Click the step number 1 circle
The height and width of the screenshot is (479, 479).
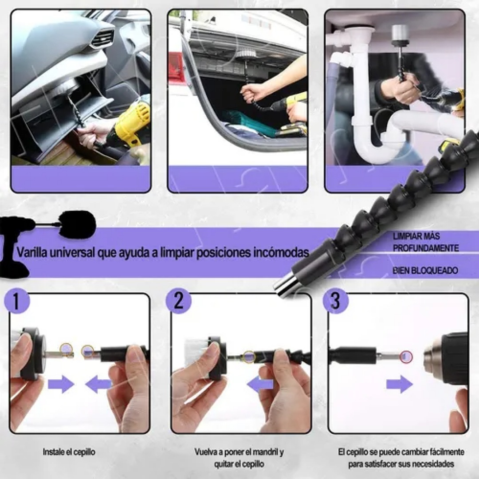click(x=16, y=301)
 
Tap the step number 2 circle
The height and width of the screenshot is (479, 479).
click(x=178, y=301)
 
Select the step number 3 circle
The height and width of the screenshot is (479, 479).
click(x=335, y=301)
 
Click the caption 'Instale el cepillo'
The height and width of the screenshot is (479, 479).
click(x=69, y=452)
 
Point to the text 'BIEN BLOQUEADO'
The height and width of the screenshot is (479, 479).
click(x=425, y=271)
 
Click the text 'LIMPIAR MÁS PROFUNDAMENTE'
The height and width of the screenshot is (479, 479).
click(x=425, y=242)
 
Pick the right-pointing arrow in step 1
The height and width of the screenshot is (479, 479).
click(x=61, y=384)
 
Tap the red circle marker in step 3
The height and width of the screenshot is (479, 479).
click(x=406, y=356)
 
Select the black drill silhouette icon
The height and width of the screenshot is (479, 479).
click(x=18, y=244)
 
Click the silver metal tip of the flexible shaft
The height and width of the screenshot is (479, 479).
click(x=284, y=284)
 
